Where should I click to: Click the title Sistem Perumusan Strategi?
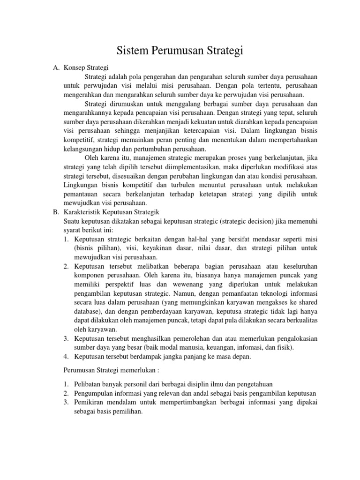point(180,51)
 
